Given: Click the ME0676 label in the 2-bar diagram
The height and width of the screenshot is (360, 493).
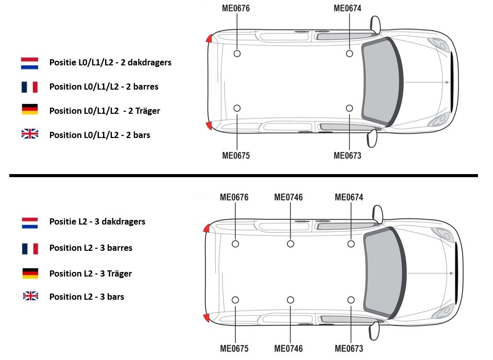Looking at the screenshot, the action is [x=236, y=8].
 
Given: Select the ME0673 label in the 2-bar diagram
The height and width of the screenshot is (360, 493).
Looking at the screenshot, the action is [x=347, y=156].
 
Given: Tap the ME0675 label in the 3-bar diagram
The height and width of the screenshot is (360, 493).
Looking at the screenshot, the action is [x=234, y=348].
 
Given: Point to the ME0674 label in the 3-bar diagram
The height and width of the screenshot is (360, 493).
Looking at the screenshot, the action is [x=349, y=197].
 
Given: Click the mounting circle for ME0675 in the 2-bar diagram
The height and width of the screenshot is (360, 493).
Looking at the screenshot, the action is [x=237, y=108].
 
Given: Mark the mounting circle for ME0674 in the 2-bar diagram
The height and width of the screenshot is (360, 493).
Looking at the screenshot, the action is [x=349, y=54].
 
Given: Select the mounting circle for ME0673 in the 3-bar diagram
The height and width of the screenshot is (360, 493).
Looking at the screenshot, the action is [x=351, y=300].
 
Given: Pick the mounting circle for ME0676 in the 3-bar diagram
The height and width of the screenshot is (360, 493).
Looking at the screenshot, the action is [x=235, y=244].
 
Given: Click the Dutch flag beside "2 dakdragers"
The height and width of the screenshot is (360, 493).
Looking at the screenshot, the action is [x=29, y=63].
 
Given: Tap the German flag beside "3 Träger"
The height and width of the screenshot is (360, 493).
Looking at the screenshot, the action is [x=30, y=273].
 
